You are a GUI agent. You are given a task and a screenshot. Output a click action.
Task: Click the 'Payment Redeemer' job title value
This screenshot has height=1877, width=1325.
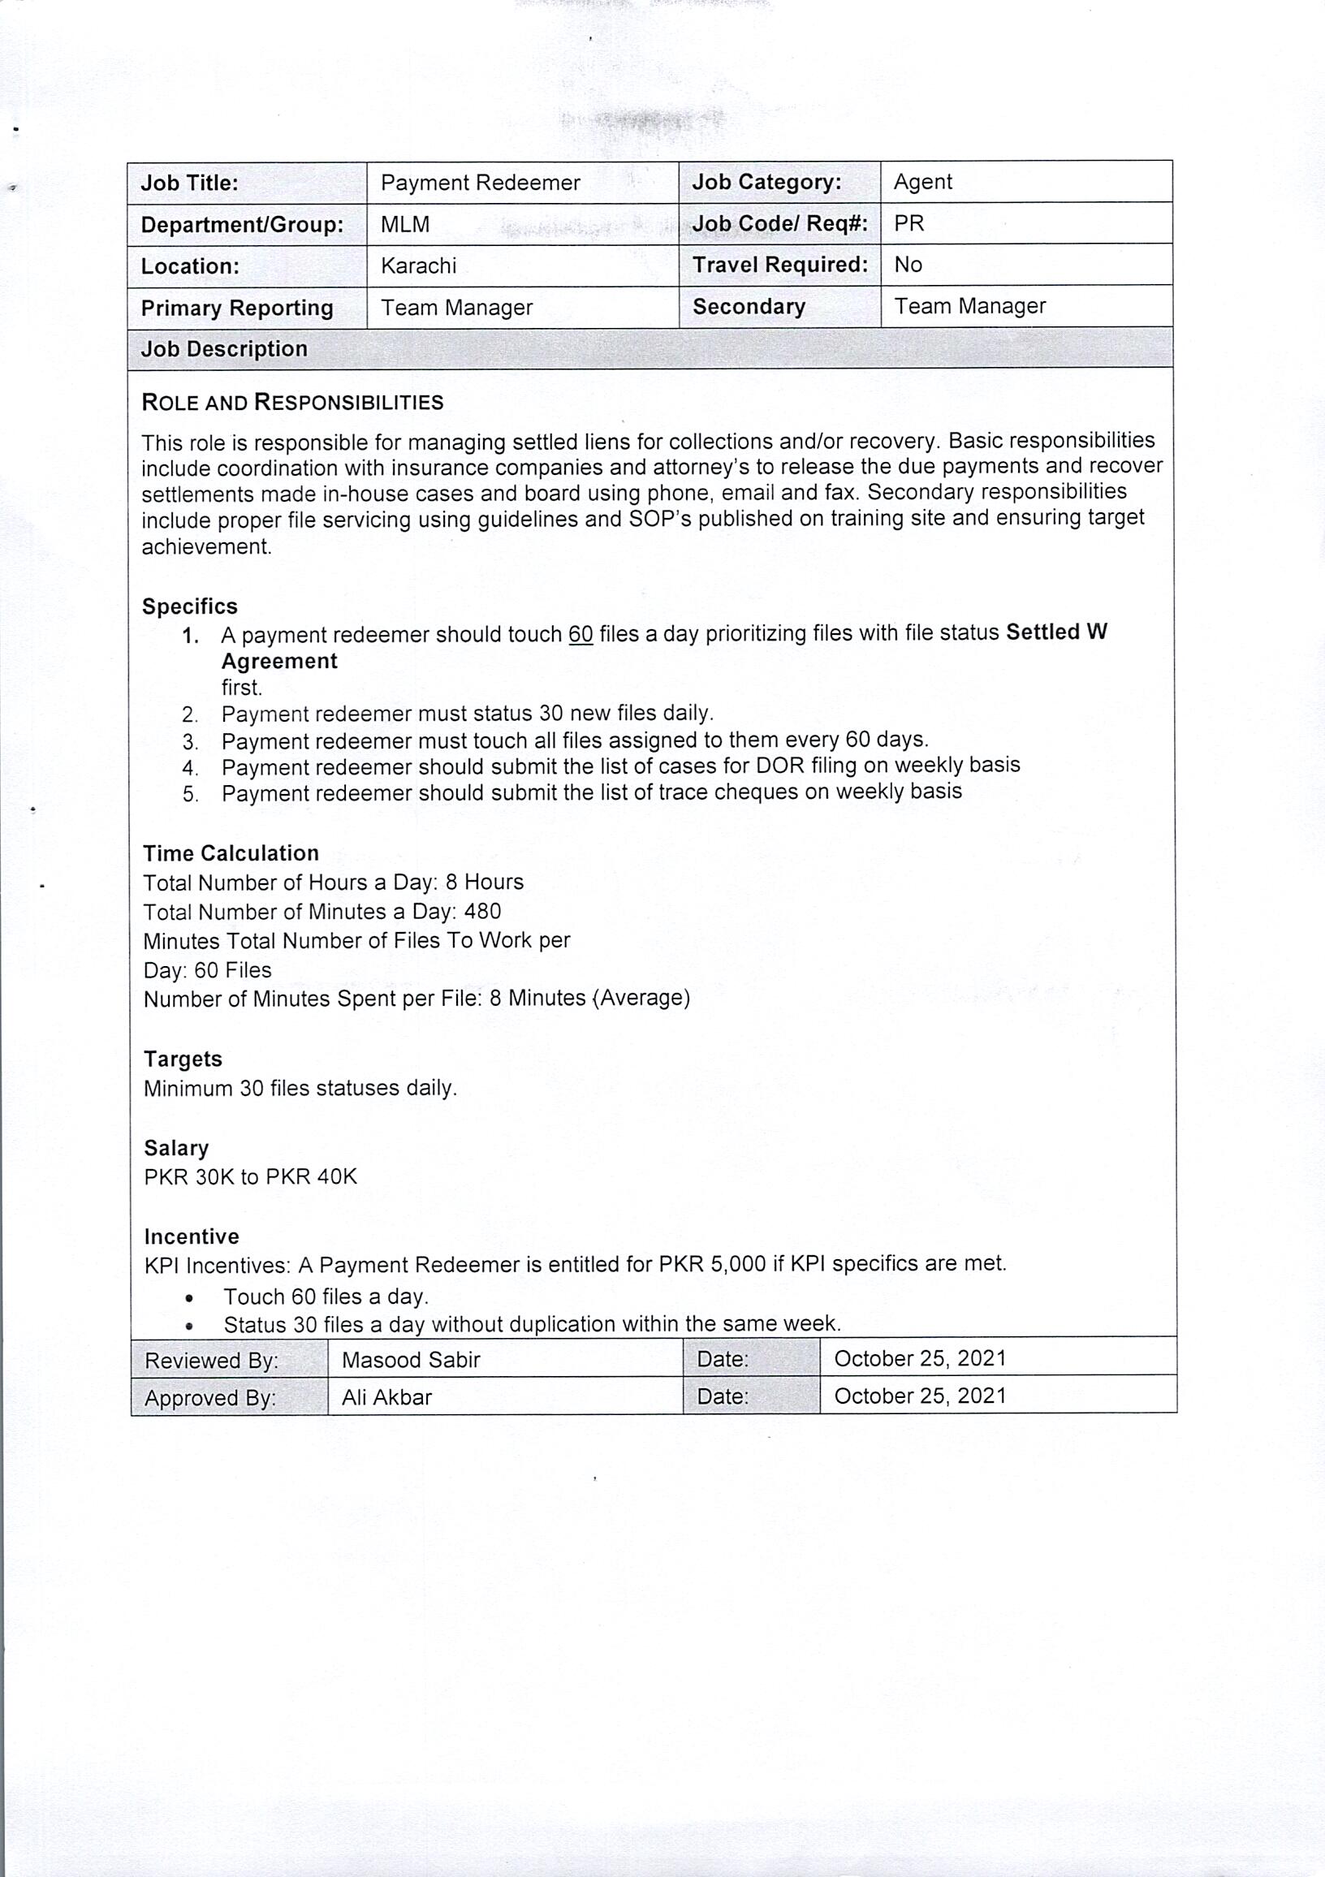[481, 183]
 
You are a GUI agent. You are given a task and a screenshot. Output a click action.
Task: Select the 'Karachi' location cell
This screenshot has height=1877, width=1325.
[418, 265]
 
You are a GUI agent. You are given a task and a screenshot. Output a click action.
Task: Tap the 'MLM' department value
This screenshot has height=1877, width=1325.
[404, 224]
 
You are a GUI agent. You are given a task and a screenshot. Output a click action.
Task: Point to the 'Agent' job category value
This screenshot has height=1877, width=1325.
[923, 182]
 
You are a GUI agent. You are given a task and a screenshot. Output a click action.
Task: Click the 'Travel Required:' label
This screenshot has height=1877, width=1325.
[779, 265]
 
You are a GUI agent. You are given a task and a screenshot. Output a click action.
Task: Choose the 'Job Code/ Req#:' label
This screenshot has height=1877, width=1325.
[779, 223]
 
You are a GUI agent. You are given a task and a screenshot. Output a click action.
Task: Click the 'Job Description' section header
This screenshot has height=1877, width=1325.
[224, 349]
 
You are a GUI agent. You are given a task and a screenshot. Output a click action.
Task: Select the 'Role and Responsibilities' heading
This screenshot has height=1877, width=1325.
[292, 402]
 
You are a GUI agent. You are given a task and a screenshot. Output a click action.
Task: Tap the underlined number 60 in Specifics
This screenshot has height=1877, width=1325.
[580, 634]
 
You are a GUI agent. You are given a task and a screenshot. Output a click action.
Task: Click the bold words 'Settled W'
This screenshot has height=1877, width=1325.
[1056, 632]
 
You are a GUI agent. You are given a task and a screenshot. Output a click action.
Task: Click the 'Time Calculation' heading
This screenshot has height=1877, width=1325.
[231, 853]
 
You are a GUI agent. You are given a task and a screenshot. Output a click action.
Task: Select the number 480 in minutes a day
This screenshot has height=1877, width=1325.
[482, 912]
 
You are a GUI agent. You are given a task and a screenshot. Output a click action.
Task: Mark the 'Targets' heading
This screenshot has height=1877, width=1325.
[183, 1059]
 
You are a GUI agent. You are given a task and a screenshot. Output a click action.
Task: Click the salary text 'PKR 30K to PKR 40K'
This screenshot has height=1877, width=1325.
[250, 1176]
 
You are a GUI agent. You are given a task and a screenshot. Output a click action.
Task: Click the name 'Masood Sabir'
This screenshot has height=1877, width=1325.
[411, 1360]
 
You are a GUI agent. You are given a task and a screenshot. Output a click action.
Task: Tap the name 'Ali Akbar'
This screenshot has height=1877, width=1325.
[386, 1397]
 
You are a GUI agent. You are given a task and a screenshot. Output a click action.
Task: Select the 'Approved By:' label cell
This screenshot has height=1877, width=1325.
[210, 1398]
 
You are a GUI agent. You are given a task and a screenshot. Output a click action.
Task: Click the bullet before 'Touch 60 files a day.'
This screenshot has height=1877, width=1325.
[190, 1298]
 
